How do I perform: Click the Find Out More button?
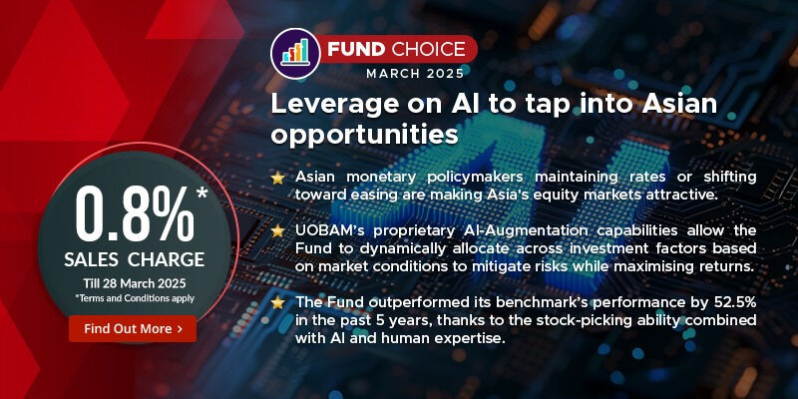click(x=132, y=328)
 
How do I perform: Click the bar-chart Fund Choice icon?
click(x=294, y=51)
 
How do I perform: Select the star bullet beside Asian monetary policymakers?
click(x=277, y=178)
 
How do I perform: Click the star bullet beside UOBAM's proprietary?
click(x=277, y=230)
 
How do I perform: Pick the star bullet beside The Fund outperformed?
click(x=277, y=302)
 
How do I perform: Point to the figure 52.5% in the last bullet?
click(x=733, y=302)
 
